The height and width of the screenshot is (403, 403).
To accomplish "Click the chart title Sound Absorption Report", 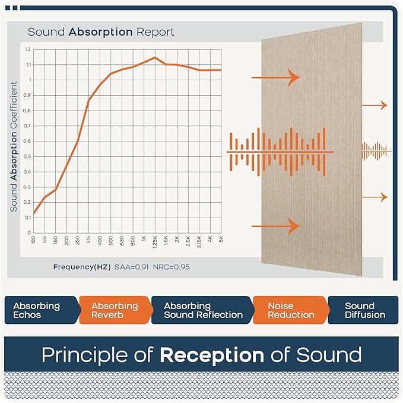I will tap(101, 32).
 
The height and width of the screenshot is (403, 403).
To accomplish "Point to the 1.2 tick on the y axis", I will tap(28, 49).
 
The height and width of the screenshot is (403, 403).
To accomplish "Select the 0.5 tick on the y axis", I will tap(28, 156).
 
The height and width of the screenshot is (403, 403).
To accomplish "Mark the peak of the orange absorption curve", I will tap(155, 58).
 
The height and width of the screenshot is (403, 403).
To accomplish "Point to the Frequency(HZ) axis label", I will tap(81, 267).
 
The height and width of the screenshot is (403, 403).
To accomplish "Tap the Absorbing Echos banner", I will tap(39, 310).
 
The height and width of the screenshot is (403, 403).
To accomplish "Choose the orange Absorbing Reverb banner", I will tap(114, 310).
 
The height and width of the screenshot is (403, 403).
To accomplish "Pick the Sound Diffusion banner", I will tap(364, 310).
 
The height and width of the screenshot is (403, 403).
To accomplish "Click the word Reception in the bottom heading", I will tap(211, 355).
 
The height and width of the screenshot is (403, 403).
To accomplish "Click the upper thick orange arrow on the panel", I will tap(276, 77).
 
